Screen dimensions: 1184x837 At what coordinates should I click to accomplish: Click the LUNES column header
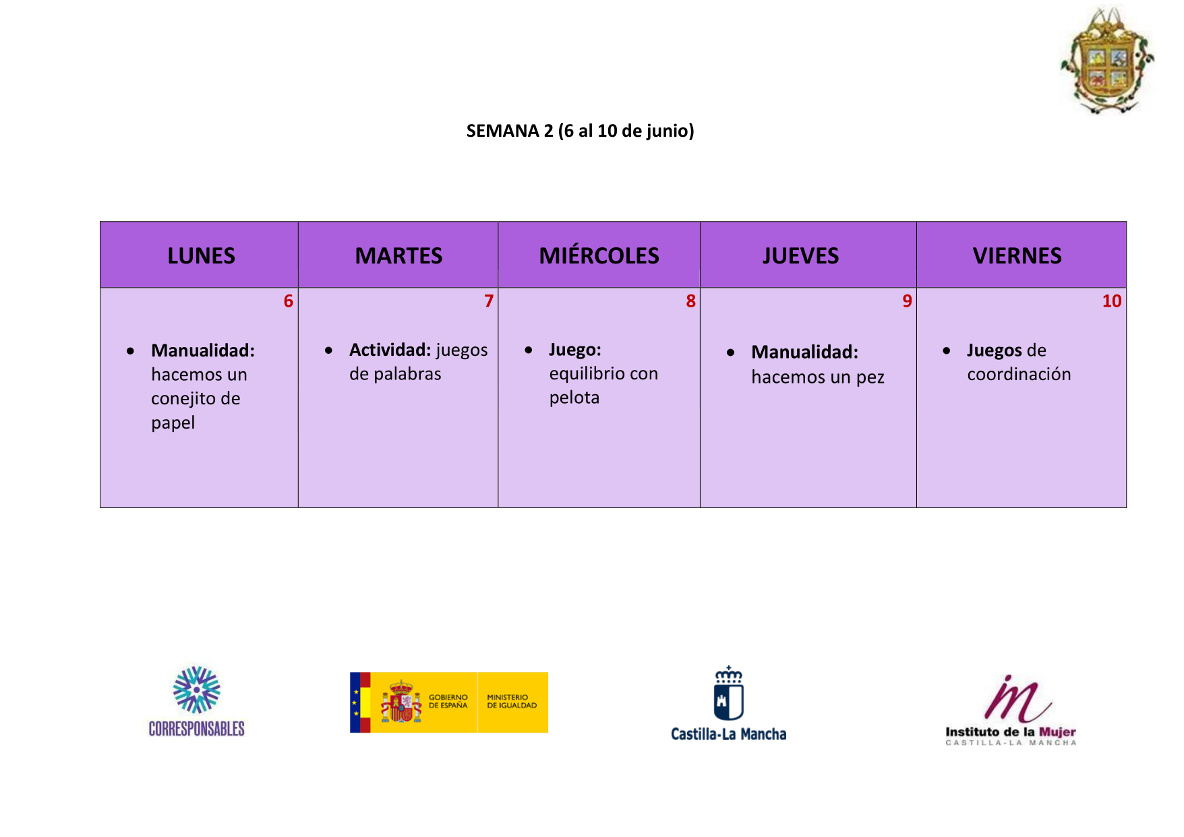(201, 256)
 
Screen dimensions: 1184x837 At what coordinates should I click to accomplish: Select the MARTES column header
(398, 256)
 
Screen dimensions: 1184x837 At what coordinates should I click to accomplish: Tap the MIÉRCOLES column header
(599, 255)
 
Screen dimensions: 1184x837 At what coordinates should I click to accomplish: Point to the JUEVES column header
(800, 256)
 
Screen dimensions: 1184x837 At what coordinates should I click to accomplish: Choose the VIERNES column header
(1017, 256)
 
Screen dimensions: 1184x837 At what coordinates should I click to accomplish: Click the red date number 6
(289, 301)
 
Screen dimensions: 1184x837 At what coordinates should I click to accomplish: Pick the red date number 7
(489, 301)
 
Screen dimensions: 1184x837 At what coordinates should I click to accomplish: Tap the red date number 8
(690, 301)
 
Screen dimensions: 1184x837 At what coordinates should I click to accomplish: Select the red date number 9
(907, 301)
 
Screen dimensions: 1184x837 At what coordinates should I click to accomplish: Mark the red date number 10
(1112, 301)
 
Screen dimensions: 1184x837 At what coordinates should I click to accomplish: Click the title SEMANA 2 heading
(580, 131)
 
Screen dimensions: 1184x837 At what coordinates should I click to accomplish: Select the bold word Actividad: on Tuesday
(390, 350)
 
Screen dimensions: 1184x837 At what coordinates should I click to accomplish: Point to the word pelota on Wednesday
(574, 398)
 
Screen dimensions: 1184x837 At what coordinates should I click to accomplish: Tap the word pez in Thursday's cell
(870, 378)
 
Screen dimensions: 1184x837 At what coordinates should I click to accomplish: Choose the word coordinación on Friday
(1019, 375)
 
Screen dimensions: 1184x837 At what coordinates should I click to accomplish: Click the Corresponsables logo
(196, 701)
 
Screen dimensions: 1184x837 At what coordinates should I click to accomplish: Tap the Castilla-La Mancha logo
(728, 704)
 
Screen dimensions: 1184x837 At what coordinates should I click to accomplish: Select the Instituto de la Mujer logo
(1011, 710)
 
